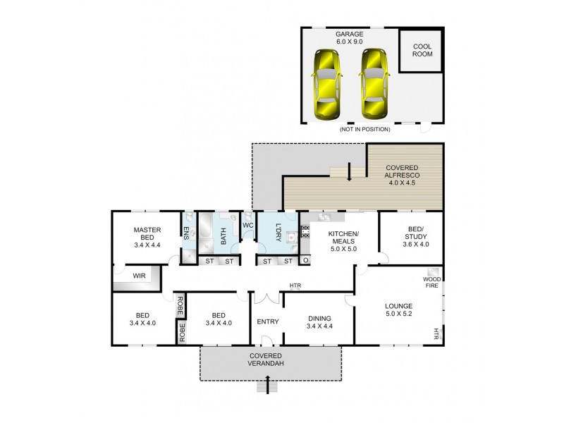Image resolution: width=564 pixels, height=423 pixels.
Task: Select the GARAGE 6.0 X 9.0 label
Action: [x=349, y=37]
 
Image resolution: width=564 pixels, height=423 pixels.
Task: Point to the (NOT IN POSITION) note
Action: [x=365, y=129]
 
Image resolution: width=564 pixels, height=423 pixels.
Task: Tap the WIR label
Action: [x=139, y=276]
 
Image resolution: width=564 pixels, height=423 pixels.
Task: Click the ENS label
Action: [x=186, y=233]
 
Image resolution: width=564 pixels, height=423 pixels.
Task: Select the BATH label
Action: [x=222, y=235]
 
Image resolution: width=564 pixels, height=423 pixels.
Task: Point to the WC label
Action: [x=247, y=225]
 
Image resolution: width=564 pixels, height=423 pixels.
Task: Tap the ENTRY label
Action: [x=268, y=321]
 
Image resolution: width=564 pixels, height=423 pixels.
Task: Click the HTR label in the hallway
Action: [x=295, y=286]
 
